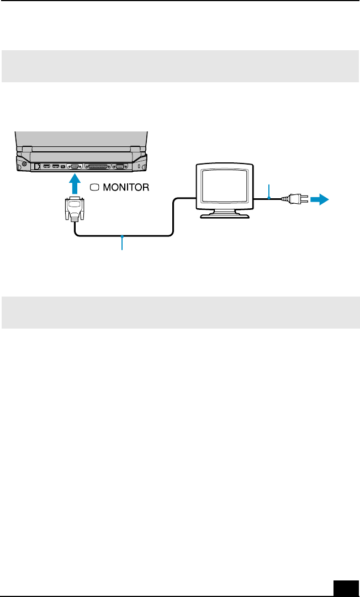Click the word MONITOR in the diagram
click(123, 187)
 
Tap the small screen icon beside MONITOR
click(93, 187)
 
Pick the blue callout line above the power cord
click(269, 191)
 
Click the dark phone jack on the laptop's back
click(36, 166)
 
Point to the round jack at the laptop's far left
click(23, 165)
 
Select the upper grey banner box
click(180, 66)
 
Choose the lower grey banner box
click(180, 312)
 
